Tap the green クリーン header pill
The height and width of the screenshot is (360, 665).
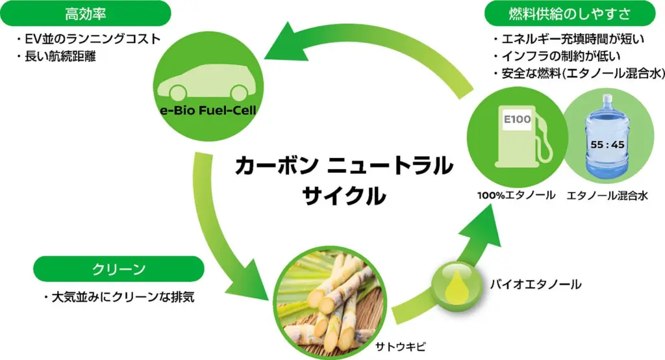[118, 268]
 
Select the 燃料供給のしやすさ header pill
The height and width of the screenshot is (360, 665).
[571, 14]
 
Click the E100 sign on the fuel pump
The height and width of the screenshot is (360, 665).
[517, 121]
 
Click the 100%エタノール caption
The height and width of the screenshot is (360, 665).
[517, 195]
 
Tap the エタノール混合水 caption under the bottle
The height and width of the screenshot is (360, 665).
[607, 195]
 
